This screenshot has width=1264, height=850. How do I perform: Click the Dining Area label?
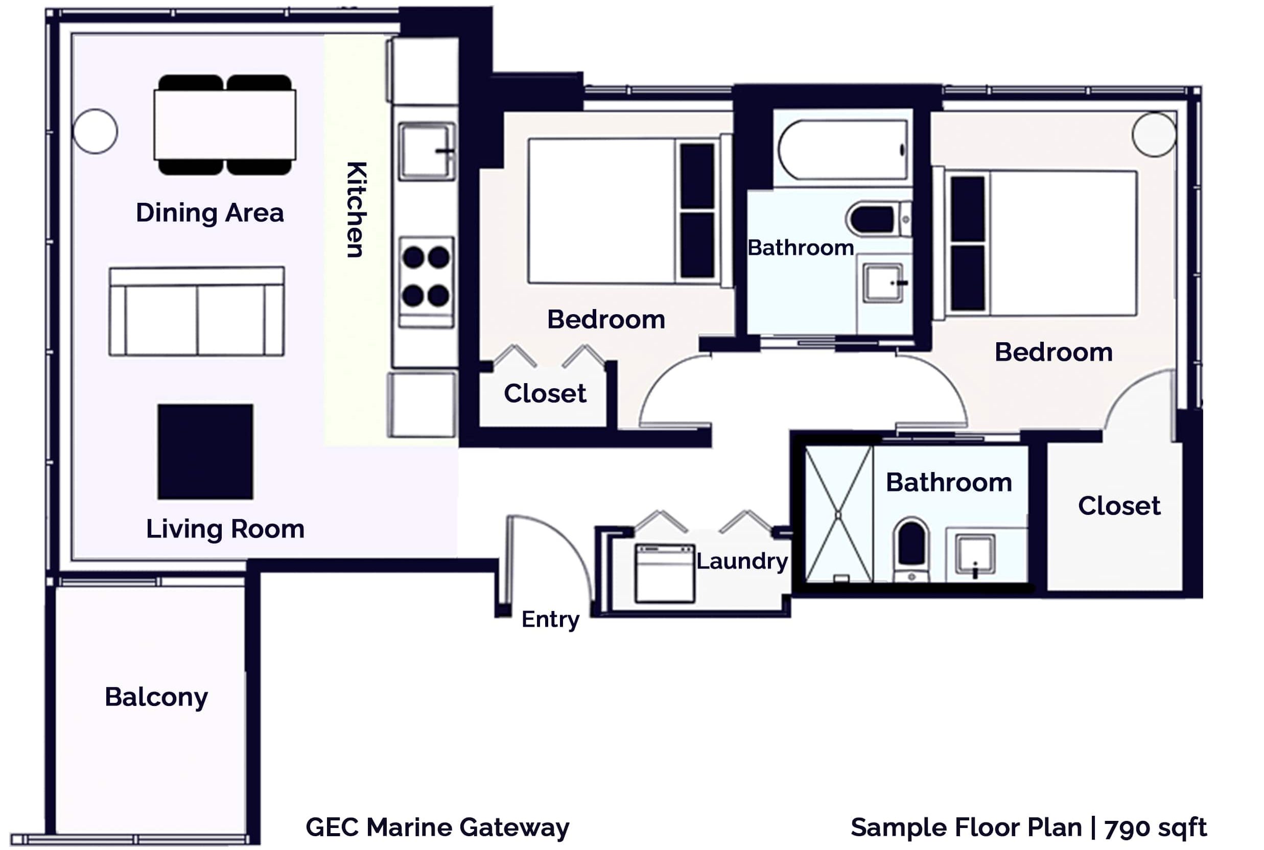(210, 212)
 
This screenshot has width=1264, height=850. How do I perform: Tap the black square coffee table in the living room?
(205, 451)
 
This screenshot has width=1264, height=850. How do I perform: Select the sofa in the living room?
(196, 311)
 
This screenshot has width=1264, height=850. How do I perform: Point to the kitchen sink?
(426, 151)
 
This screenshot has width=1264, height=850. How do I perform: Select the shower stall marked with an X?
(838, 514)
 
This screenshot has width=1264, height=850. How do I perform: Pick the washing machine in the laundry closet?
(665, 573)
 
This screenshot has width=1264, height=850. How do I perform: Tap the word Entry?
(550, 619)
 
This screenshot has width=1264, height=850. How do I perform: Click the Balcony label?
(156, 697)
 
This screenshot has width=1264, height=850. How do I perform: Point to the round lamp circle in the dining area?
(95, 131)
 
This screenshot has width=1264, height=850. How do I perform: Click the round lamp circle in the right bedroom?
(1154, 134)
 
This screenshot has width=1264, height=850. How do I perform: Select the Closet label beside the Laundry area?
(1119, 506)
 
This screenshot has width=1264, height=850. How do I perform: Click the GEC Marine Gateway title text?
(437, 827)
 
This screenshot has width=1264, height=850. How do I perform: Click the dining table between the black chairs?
(224, 125)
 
